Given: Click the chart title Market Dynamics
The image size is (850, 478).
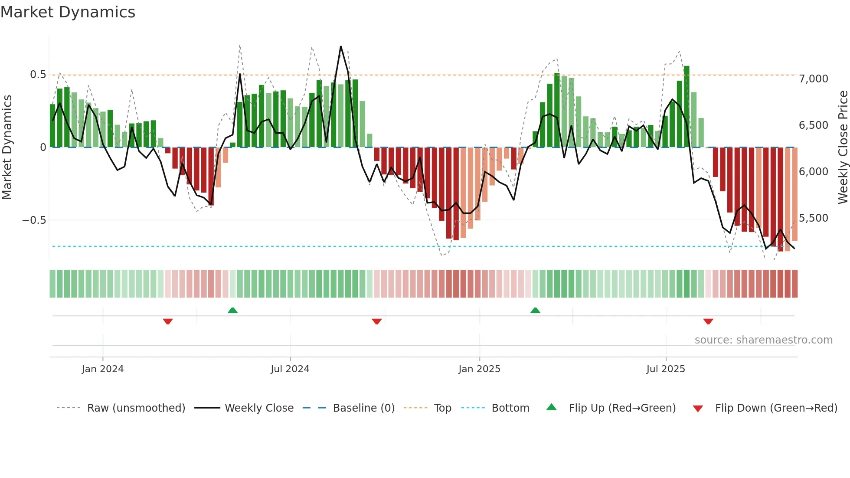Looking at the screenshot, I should pos(68,12).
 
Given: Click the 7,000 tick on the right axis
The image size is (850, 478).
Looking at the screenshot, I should pos(813,79).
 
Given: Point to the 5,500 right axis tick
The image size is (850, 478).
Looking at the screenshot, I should pos(813,218).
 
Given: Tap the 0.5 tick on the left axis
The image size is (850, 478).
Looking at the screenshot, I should pos(38,75).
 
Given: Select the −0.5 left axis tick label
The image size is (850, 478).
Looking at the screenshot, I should pos(34,220).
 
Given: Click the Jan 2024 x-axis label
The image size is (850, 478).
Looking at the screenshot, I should pos(103,369).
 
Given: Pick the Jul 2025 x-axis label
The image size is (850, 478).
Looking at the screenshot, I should pos(666,369).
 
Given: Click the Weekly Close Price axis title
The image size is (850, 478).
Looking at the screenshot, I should pos(843,147).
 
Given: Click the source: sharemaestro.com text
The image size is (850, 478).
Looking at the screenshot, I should pos(763,340).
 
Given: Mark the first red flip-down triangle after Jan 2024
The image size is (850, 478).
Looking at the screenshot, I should pos(168,321).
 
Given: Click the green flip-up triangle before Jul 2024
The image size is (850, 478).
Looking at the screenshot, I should pos(232,310).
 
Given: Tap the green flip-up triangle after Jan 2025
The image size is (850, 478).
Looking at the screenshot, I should pos(535,310).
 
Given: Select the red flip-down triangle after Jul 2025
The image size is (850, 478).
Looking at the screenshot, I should pos(708,321).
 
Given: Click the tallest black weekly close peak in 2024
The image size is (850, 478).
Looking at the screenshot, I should pos(341,46).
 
